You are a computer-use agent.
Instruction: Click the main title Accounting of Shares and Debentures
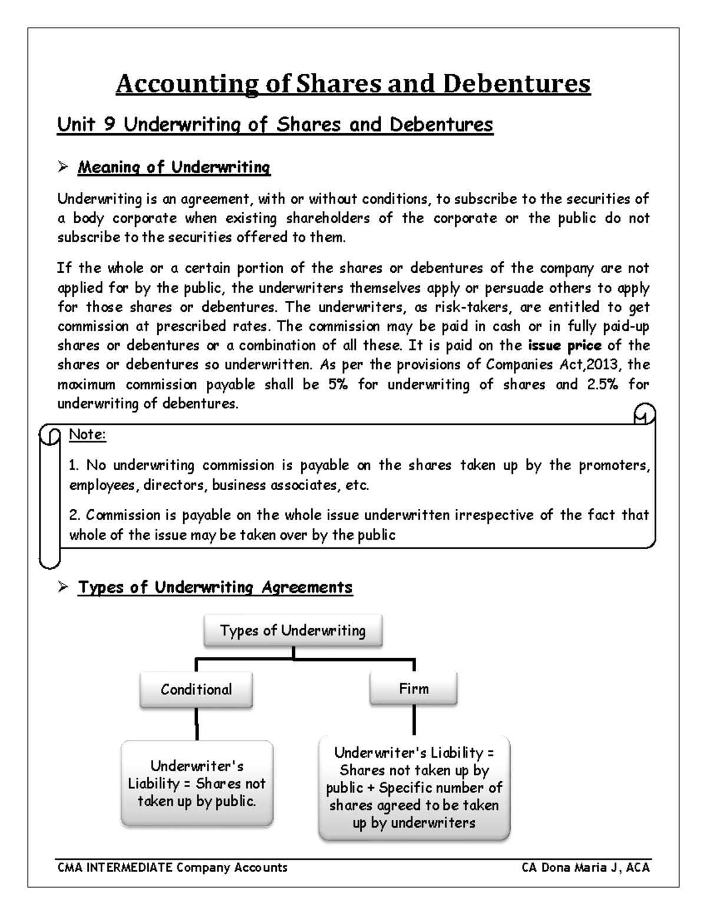352,84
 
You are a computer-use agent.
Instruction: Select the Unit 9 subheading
275,125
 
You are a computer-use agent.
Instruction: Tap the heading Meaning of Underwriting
174,167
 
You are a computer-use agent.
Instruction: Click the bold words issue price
565,346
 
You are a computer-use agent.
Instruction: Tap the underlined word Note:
87,435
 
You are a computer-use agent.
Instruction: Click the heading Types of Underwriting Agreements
215,587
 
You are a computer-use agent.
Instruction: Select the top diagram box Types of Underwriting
293,631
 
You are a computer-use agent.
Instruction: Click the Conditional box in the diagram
196,690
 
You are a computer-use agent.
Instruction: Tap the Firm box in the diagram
414,689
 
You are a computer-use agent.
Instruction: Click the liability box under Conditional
197,784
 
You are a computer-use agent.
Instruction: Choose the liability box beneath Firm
414,788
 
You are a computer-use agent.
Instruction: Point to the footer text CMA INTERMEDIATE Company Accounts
172,867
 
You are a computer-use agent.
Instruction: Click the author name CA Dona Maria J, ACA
586,867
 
